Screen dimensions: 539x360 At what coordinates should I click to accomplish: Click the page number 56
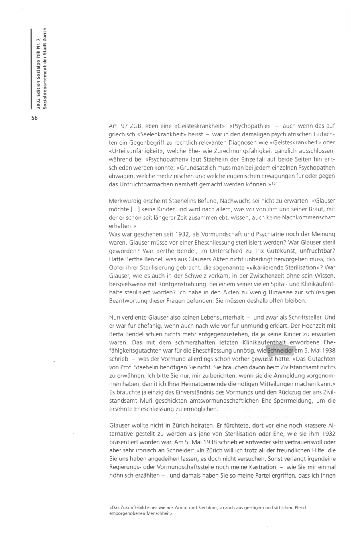(35, 118)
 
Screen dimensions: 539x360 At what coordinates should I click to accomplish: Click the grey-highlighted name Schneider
(280, 351)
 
